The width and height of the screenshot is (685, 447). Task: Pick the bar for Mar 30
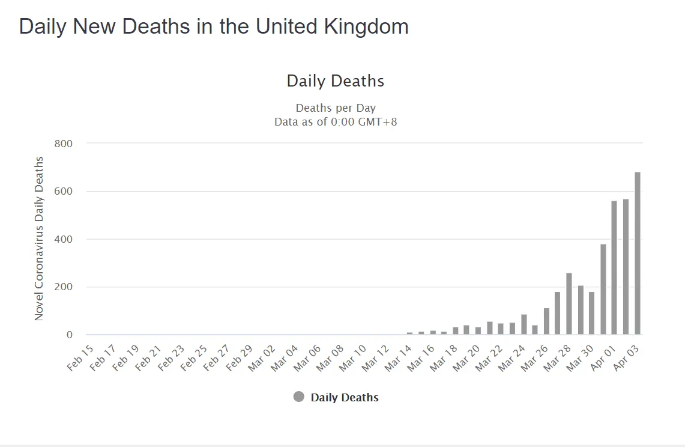(x=592, y=313)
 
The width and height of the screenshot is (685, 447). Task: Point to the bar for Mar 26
(x=546, y=321)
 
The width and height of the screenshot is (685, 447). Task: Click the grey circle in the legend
(x=299, y=397)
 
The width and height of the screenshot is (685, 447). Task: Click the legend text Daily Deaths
(x=345, y=397)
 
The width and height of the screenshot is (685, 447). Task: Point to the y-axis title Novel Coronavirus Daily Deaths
(x=39, y=239)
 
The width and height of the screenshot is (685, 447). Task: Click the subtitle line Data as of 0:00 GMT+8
(x=336, y=122)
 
